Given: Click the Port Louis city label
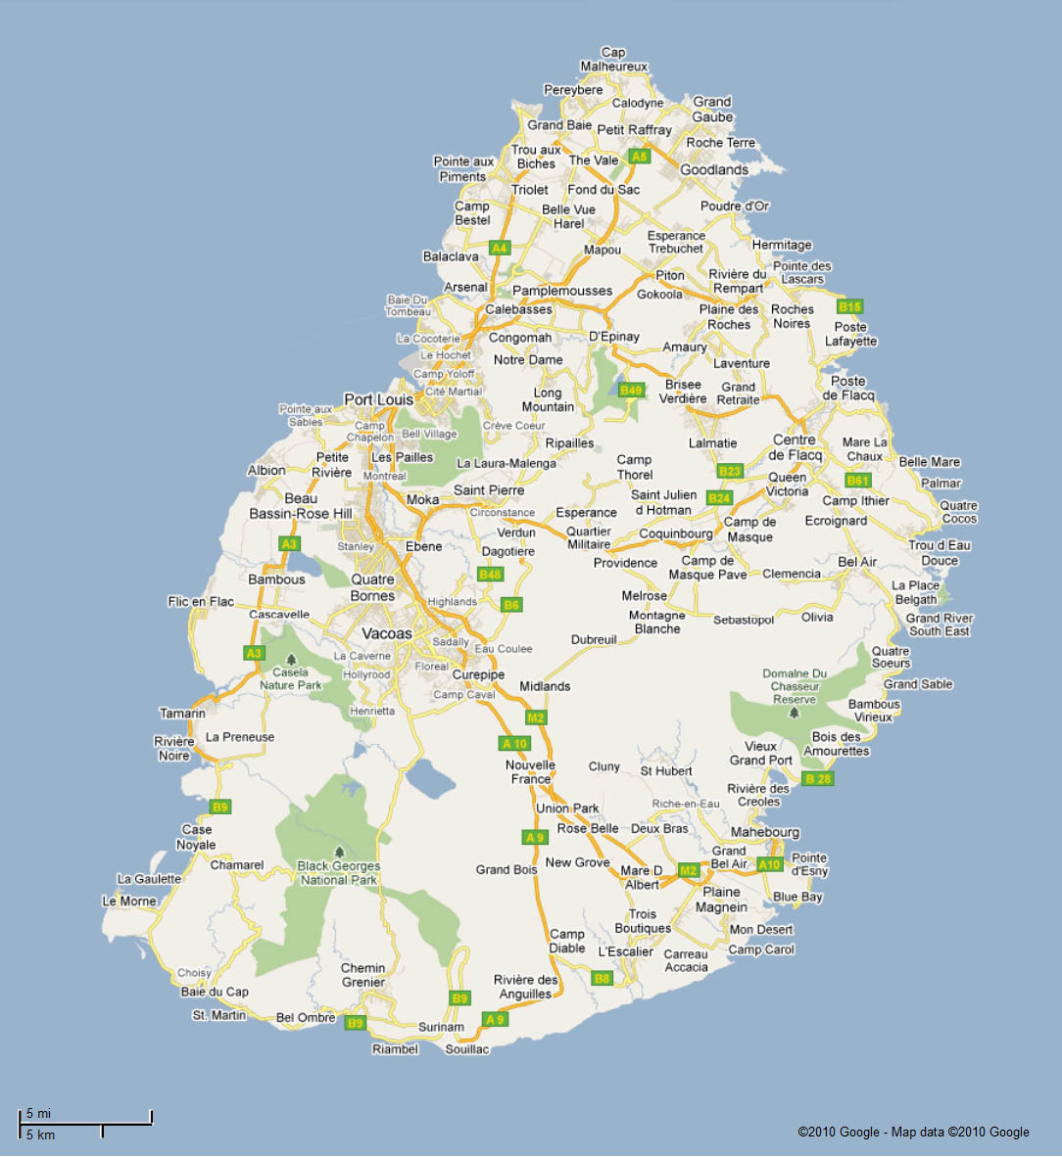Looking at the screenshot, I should (x=378, y=399).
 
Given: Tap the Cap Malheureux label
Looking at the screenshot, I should (x=614, y=60).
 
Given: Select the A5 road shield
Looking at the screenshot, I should (x=640, y=156).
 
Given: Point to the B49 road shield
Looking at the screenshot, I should (x=632, y=390).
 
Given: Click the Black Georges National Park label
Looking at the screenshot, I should (x=338, y=872).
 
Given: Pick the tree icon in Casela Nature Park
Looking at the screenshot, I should (x=290, y=658).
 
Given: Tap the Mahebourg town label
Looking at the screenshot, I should (x=765, y=832).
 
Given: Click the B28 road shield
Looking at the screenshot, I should (x=817, y=778).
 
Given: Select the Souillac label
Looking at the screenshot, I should (x=466, y=1048).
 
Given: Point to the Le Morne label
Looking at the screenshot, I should (x=129, y=901).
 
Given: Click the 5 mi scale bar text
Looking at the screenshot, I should (x=39, y=1113).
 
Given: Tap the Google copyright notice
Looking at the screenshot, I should (x=913, y=1132).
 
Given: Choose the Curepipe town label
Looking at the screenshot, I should (x=478, y=675).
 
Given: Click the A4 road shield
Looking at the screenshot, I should (x=500, y=248).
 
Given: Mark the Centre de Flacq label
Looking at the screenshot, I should (x=796, y=447).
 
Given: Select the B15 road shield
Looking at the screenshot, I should (x=849, y=306).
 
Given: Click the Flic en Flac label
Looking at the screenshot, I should (x=201, y=601).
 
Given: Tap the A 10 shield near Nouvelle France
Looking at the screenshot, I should (x=514, y=744).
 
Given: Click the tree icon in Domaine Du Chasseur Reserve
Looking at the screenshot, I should (x=794, y=712).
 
